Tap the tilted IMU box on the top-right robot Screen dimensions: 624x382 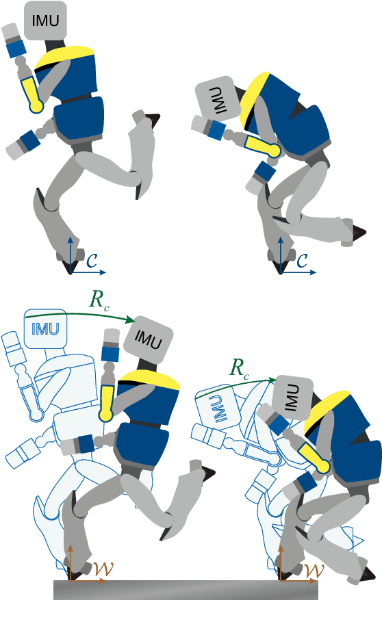point(216,100)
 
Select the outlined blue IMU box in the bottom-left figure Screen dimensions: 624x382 point(47,329)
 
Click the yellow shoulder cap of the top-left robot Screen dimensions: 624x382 point(64,57)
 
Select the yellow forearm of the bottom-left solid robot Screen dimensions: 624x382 point(107,402)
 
